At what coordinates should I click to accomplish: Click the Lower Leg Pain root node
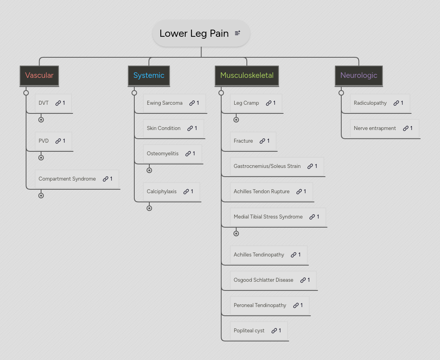pos(194,34)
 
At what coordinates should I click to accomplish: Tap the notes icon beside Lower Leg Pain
pos(237,33)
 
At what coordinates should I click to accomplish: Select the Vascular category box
pos(39,75)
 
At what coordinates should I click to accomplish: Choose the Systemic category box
pos(149,75)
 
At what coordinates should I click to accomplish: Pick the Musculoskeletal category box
pos(247,75)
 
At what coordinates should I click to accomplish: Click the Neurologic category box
pos(359,75)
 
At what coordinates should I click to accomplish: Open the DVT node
pos(44,103)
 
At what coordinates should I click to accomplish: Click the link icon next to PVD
pos(58,141)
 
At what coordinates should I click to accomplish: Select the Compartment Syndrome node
pos(67,179)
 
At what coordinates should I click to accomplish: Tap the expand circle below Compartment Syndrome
pos(41,196)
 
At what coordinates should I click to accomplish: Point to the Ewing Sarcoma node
pos(165,103)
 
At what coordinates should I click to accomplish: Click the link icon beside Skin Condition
pos(190,128)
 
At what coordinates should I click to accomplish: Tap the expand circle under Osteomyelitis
pos(149,170)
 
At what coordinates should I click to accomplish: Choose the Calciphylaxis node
pos(162,192)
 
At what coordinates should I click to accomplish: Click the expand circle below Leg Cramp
pos(236,120)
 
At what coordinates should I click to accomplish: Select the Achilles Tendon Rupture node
pos(261,192)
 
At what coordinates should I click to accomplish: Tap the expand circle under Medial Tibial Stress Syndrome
pos(236,234)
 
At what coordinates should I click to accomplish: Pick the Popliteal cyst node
pos(249,331)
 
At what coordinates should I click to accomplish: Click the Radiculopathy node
pos(370,103)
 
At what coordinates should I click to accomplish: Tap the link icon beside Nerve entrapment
pos(406,128)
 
